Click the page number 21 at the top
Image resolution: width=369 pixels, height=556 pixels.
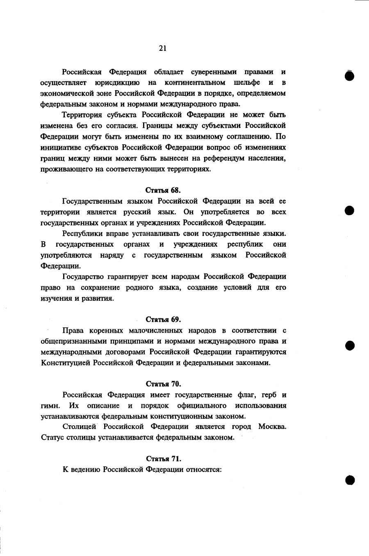[162, 48]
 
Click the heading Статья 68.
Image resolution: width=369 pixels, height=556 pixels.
[163, 190]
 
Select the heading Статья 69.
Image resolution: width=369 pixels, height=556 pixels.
[163, 319]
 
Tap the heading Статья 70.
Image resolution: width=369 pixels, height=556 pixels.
[163, 384]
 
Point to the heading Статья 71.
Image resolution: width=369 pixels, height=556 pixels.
[163, 458]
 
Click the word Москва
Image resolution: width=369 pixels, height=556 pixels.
[272, 427]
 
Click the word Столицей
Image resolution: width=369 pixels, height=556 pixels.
[79, 427]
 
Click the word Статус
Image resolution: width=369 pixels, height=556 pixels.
[52, 437]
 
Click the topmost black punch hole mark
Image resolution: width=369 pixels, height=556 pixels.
[349, 76]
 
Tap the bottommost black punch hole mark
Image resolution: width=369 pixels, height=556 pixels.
[349, 480]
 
